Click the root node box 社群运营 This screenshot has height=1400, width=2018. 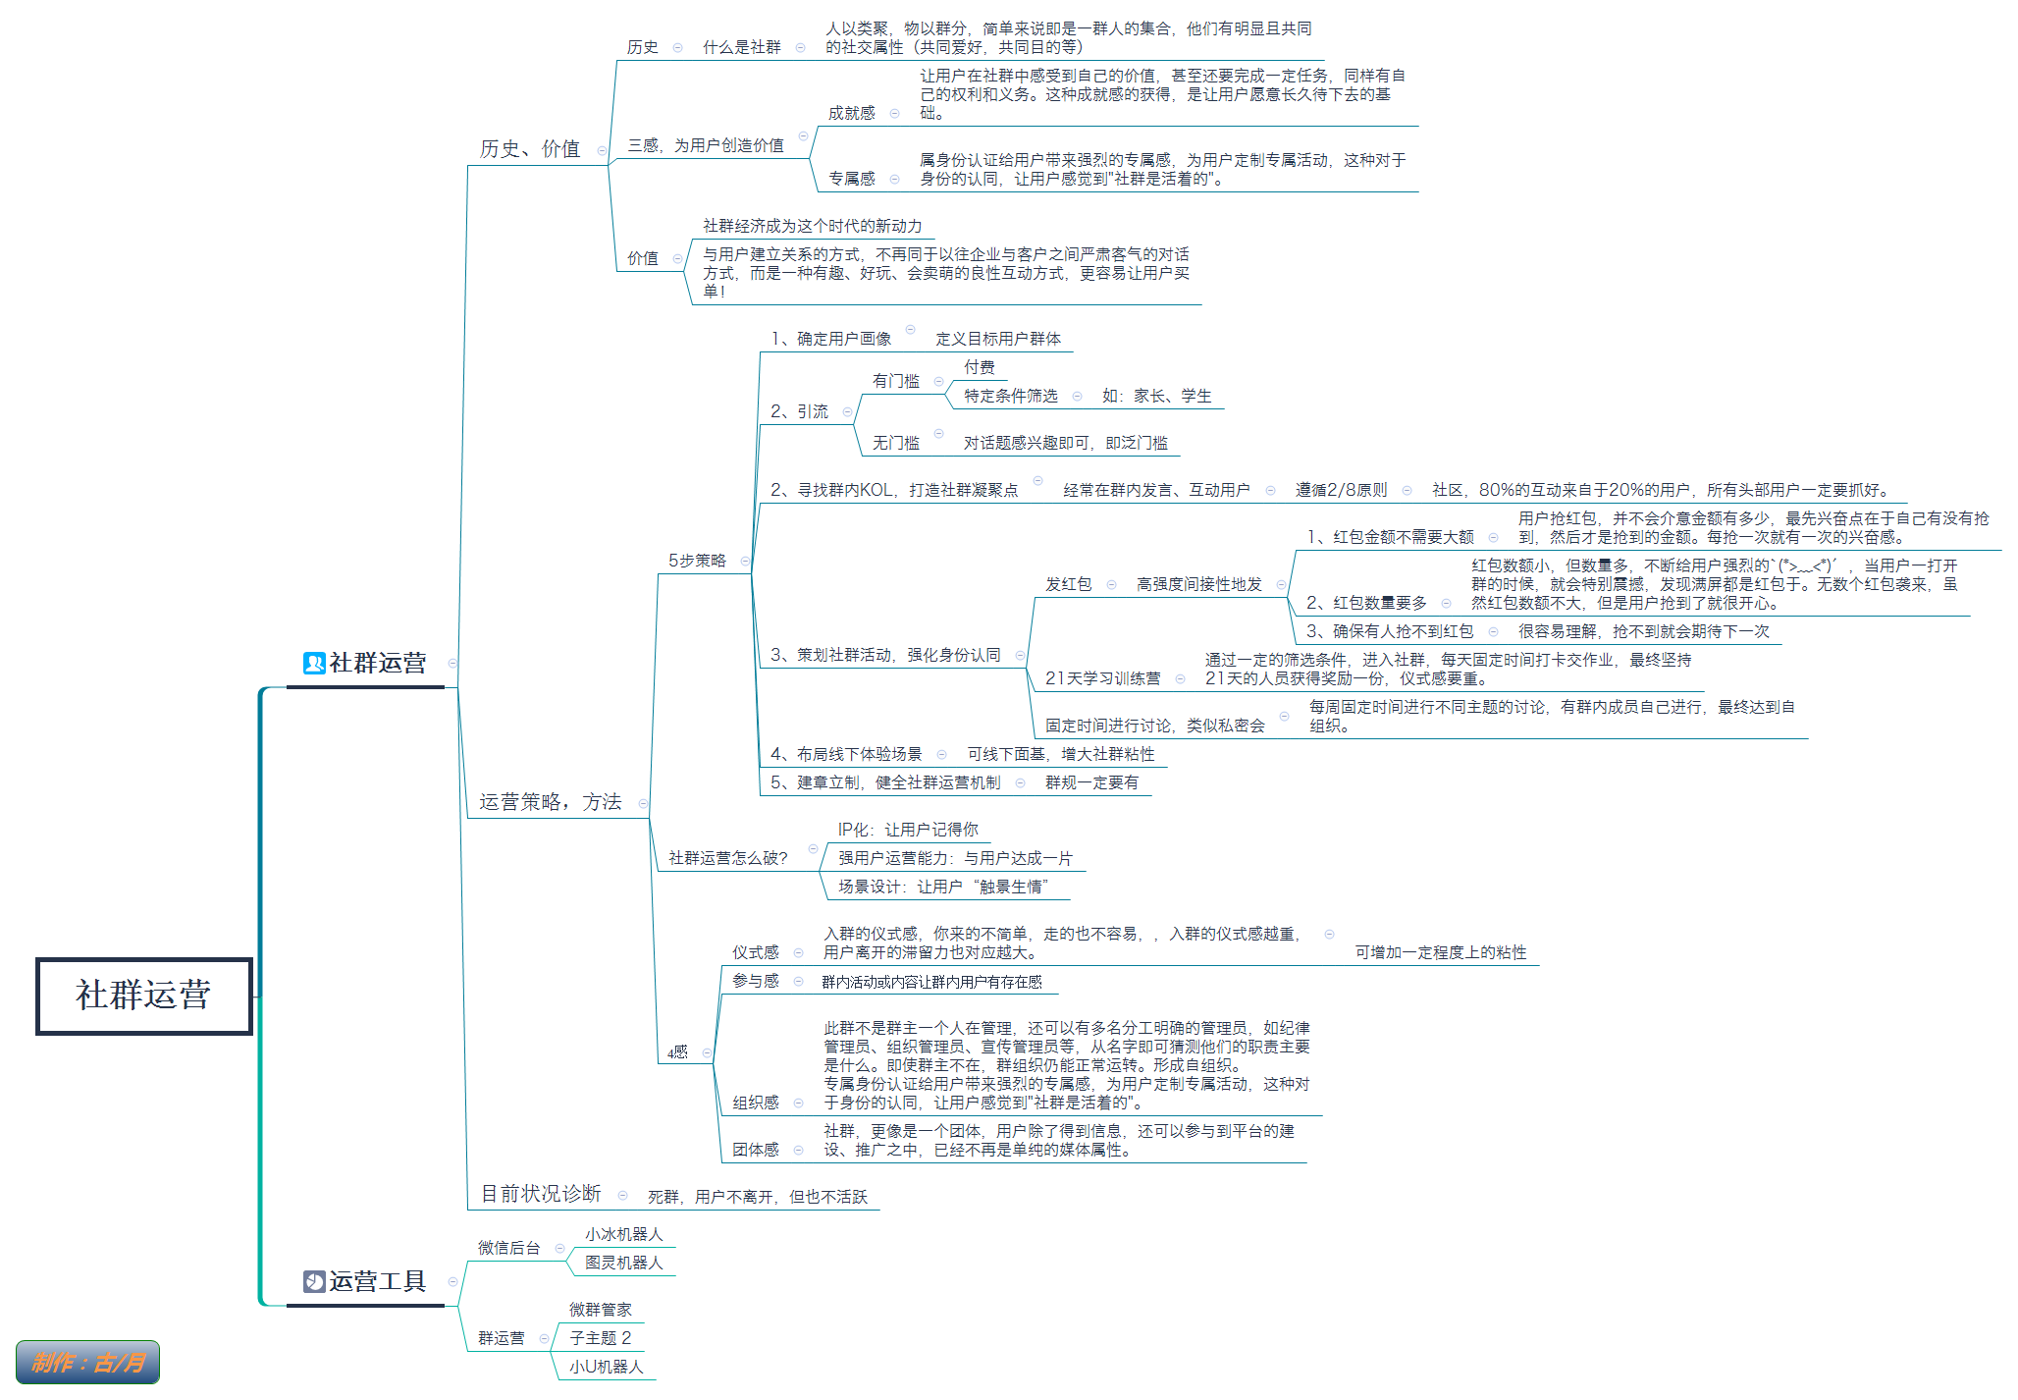144,996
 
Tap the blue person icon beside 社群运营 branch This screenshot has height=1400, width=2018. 314,664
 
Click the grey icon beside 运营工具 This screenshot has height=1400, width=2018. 314,1281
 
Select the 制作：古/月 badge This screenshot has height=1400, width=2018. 87,1362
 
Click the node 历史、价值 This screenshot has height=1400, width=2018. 530,149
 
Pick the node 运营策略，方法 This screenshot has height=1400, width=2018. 551,802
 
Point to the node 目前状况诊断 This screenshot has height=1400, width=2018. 541,1194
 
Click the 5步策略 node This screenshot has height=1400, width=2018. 698,561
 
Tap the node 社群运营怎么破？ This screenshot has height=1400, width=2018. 728,858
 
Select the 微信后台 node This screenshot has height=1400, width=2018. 509,1248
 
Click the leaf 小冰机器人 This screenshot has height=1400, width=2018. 624,1234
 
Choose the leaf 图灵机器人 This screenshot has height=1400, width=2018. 624,1263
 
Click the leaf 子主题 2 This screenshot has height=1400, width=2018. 601,1338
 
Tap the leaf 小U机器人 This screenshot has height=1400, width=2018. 607,1367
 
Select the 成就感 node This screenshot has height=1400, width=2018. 852,113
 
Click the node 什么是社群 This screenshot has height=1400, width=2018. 742,47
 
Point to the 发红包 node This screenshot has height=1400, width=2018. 1069,584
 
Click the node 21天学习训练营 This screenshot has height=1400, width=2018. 1103,678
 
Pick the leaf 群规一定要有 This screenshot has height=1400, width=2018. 1092,782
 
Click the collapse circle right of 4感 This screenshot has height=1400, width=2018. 707,1053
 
